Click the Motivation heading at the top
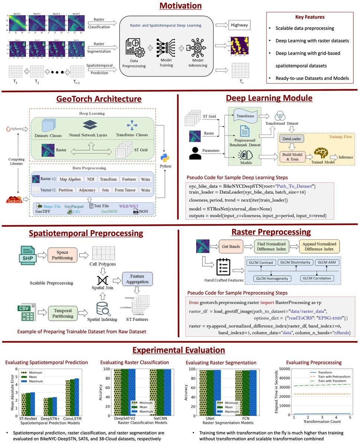pos(181,6)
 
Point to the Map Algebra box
pos(70,179)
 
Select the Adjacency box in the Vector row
pos(87,190)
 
